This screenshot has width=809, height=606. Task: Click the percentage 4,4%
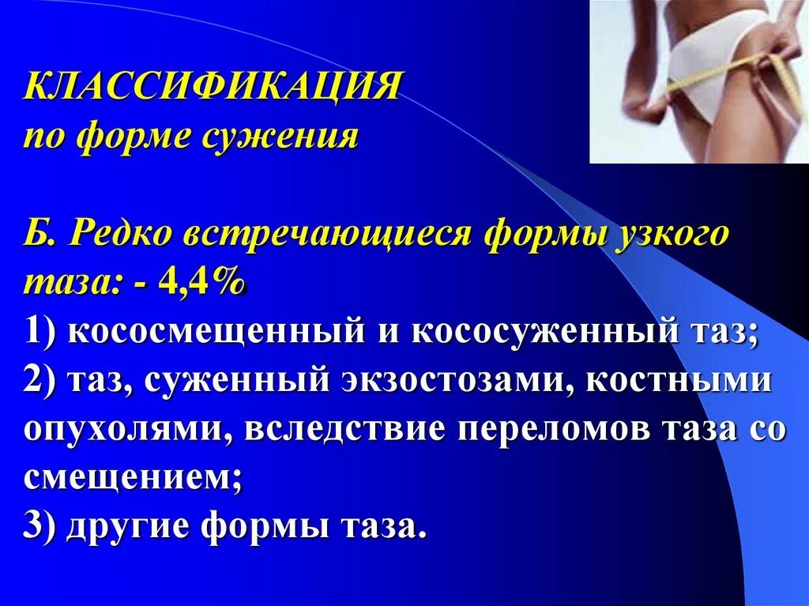coord(200,282)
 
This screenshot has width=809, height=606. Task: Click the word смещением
coord(130,478)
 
